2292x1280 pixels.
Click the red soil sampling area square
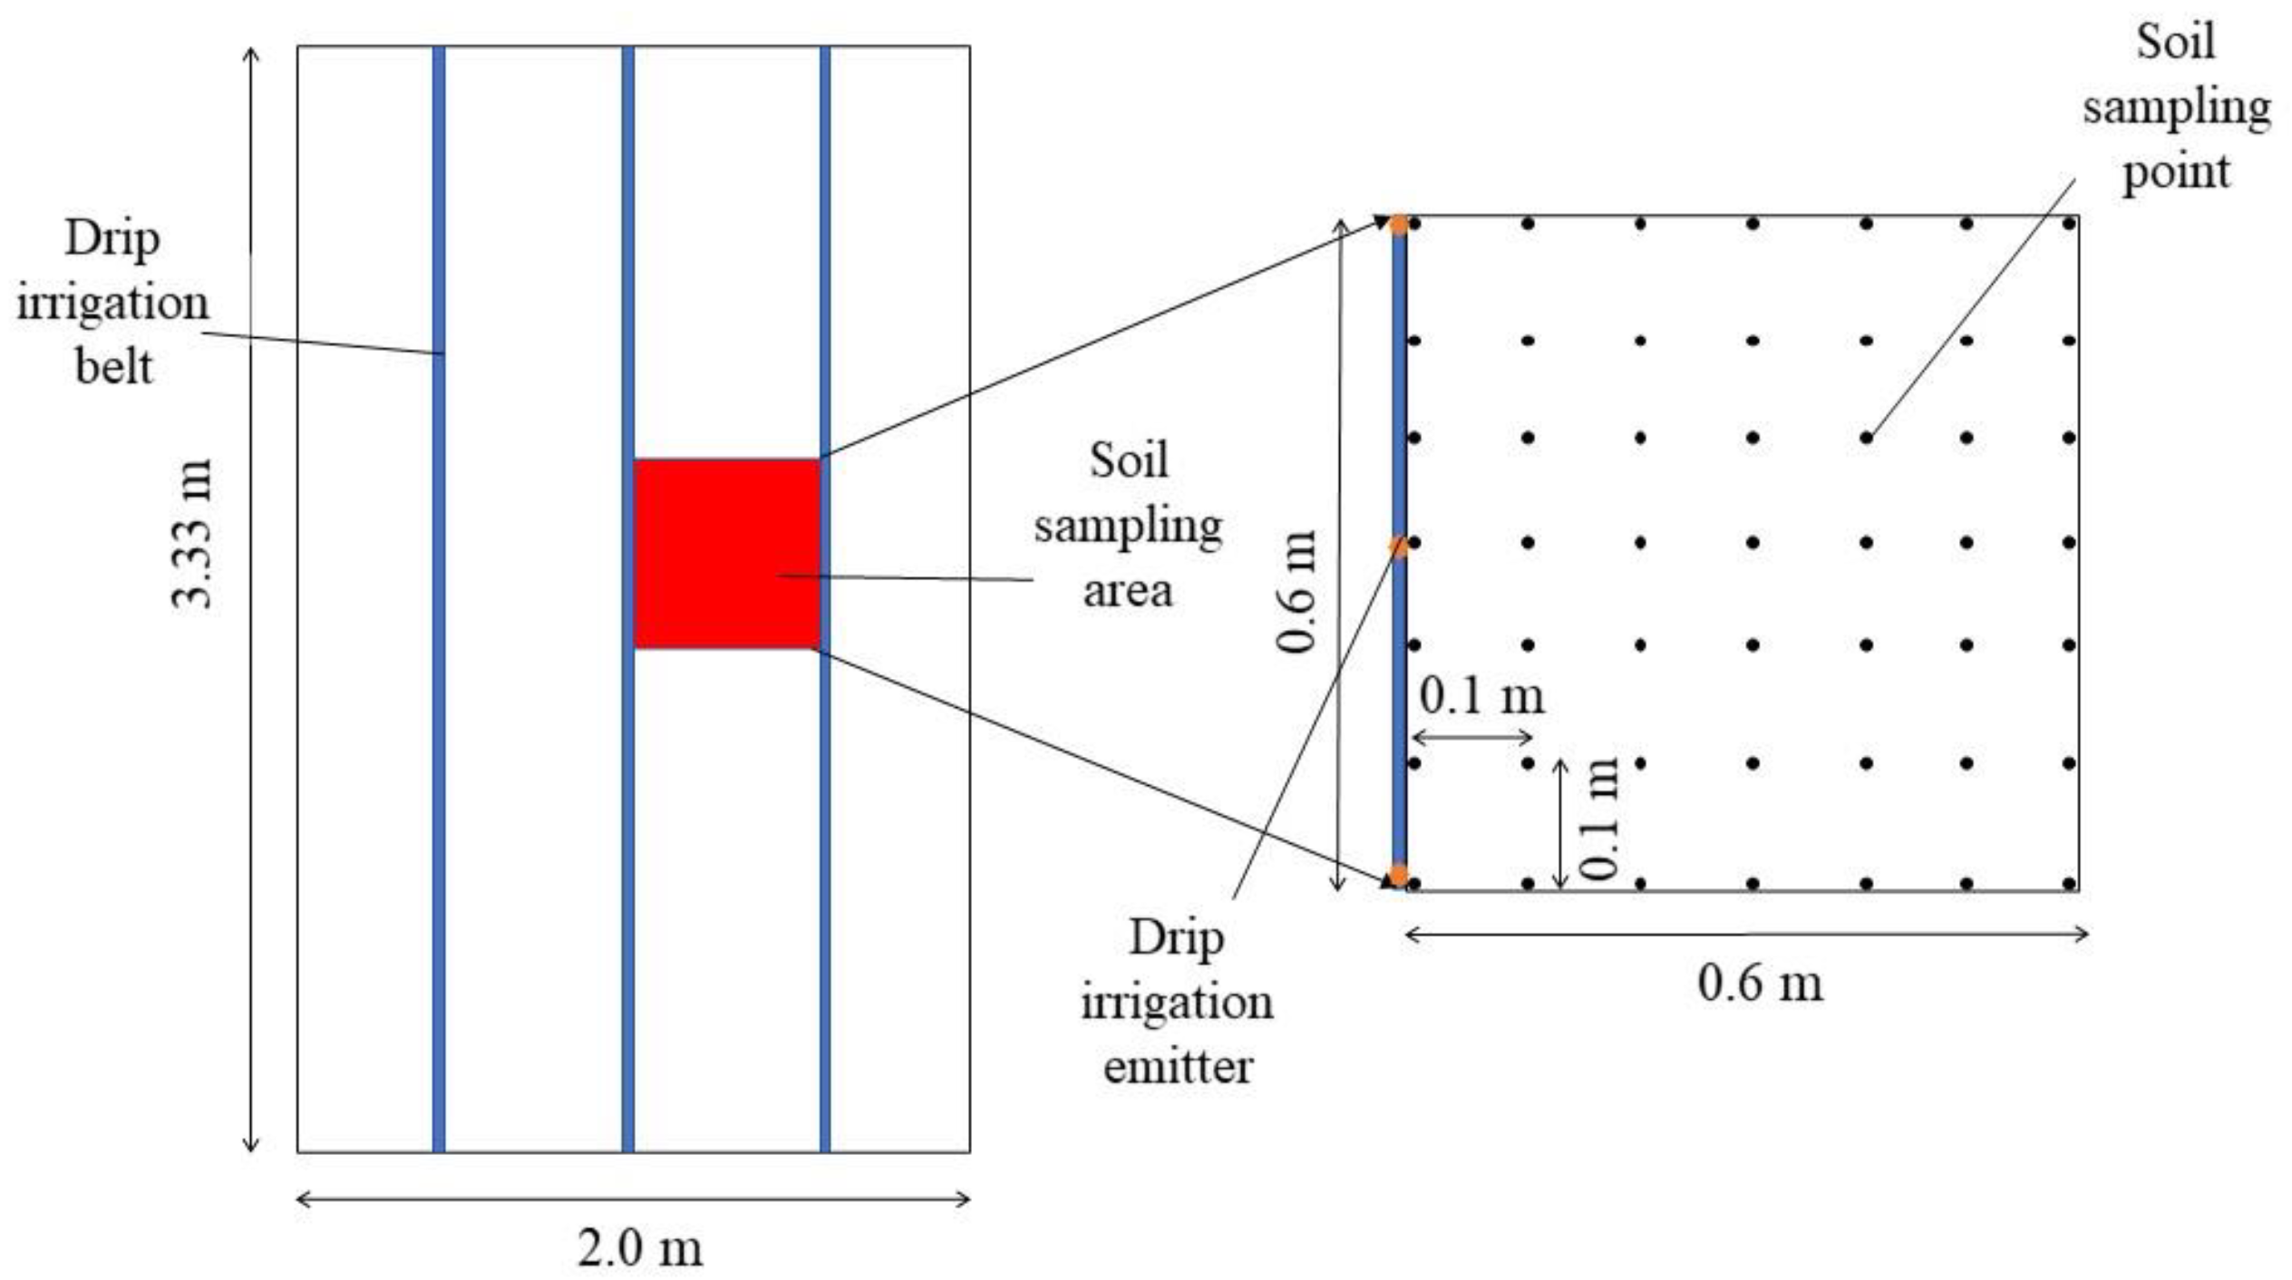pos(726,553)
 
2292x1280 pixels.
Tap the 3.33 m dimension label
pos(192,533)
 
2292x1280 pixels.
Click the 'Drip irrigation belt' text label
pos(112,303)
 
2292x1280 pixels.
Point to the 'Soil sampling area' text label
pos(1128,526)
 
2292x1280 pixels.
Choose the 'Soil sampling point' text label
pos(2176,107)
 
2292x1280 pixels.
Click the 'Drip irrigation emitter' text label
pos(1177,1002)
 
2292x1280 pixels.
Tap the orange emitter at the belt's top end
pos(1400,224)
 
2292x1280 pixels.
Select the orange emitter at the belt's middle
pos(1399,547)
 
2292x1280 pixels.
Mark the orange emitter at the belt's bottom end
pos(1399,875)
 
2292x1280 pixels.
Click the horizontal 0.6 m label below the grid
pos(1760,984)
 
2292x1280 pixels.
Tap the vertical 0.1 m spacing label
pos(1599,819)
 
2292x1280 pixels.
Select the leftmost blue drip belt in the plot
pos(439,598)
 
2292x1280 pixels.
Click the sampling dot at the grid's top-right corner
pos(2069,223)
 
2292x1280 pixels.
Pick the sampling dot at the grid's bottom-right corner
pos(2069,883)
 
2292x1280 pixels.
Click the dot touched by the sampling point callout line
pos(1866,438)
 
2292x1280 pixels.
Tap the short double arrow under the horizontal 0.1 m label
pos(1472,737)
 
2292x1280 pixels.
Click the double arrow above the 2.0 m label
pos(634,1199)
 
